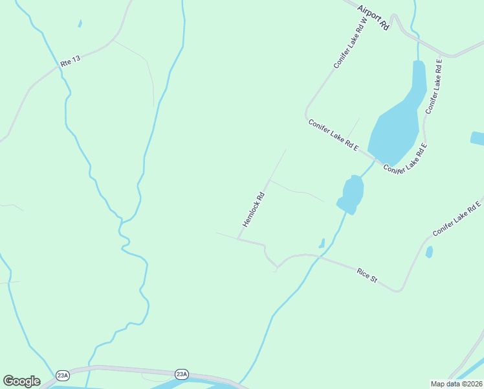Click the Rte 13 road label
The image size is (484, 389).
(x=71, y=62)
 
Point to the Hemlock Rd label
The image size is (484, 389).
(x=254, y=208)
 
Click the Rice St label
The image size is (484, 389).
(x=367, y=275)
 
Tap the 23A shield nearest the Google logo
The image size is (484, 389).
(x=63, y=375)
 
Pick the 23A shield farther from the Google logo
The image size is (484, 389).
(x=181, y=374)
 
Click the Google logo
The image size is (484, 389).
(x=21, y=381)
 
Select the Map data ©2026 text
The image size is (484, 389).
(x=456, y=384)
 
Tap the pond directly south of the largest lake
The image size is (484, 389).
(x=352, y=194)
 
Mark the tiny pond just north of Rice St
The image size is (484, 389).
(x=322, y=244)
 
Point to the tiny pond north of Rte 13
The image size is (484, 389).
(x=80, y=24)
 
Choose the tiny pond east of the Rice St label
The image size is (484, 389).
(x=429, y=252)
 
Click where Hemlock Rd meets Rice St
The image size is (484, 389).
(x=239, y=239)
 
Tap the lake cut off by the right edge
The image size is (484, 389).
(x=478, y=138)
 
